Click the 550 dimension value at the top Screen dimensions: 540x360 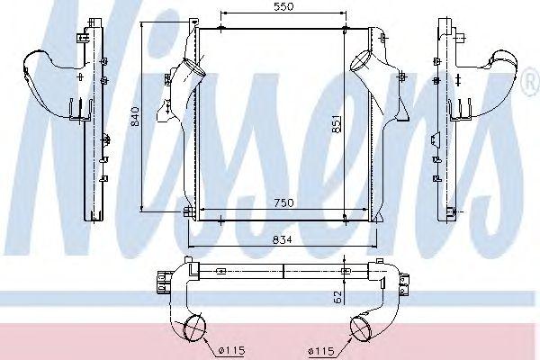pyautogui.click(x=284, y=6)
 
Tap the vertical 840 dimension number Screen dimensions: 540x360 pyautogui.click(x=135, y=116)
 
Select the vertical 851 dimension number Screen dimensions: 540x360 pyautogui.click(x=337, y=123)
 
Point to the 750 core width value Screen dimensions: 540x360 pyautogui.click(x=284, y=202)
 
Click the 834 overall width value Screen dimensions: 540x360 pyautogui.click(x=282, y=239)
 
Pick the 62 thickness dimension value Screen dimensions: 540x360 pyautogui.click(x=337, y=297)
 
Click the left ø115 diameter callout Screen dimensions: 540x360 pyautogui.click(x=232, y=351)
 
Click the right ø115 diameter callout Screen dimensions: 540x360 pyautogui.click(x=321, y=351)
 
